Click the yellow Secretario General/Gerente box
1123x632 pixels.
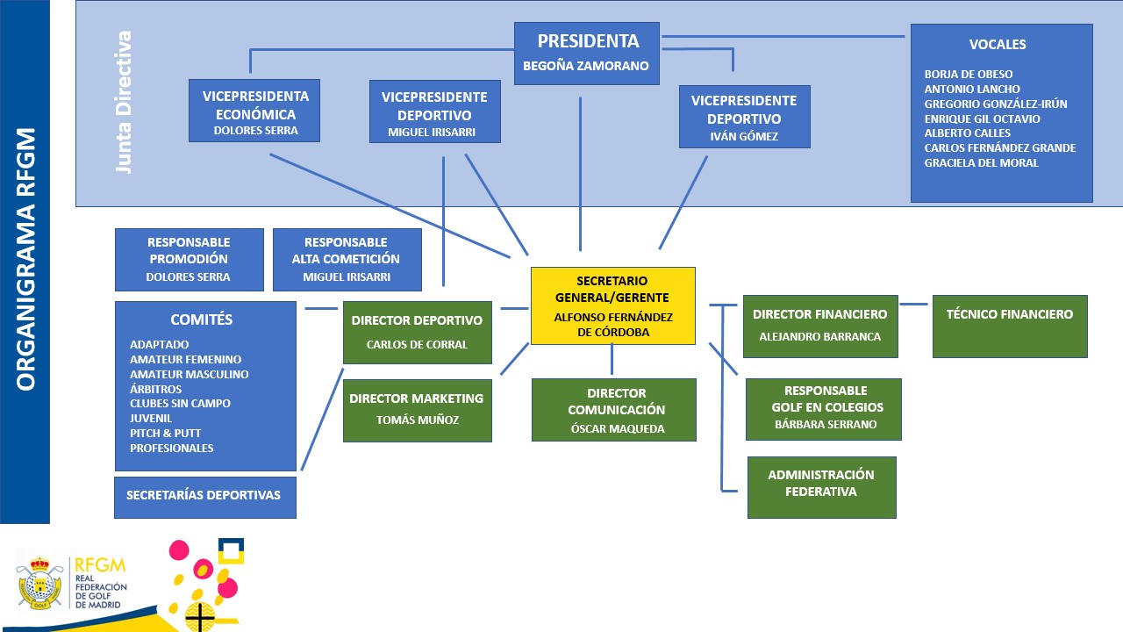(x=612, y=305)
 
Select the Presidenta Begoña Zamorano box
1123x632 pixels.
(x=586, y=53)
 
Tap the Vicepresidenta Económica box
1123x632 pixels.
(x=254, y=110)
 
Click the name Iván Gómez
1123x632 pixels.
(x=744, y=136)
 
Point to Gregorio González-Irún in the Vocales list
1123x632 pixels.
(x=996, y=104)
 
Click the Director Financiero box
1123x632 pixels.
(x=819, y=326)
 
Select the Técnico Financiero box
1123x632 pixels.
(x=1009, y=326)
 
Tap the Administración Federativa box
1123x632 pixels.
(x=821, y=486)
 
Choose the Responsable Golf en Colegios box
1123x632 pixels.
(x=823, y=408)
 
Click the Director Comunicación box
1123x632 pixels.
(x=613, y=409)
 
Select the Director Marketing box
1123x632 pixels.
(x=417, y=410)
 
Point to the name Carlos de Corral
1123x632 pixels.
(x=417, y=344)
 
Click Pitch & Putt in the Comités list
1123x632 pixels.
(x=165, y=433)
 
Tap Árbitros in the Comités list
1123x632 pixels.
(x=155, y=389)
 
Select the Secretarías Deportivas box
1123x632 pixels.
(x=204, y=496)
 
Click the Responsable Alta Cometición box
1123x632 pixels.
(x=347, y=259)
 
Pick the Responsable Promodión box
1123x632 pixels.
(x=189, y=259)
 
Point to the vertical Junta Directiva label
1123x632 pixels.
(x=125, y=103)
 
